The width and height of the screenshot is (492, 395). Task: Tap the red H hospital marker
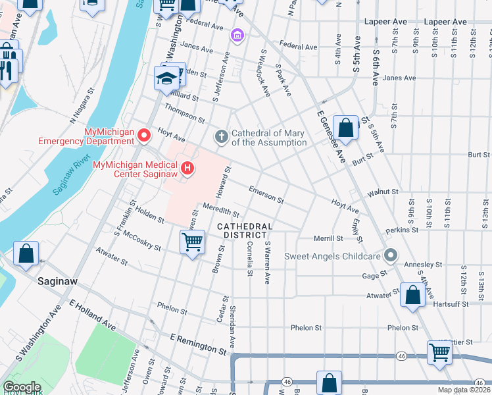coord(187,169)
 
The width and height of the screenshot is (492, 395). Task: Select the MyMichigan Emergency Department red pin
coord(144,136)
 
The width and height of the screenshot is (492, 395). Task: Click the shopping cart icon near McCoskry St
coord(192,242)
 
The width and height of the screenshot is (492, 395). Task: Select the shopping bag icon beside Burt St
coord(345,127)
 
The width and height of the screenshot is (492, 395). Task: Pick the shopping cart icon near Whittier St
coord(439,352)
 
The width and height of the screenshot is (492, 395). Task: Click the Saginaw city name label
coord(57,281)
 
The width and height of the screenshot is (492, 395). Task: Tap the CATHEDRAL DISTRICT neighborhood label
coord(243,230)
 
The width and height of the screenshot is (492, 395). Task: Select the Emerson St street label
coord(266,194)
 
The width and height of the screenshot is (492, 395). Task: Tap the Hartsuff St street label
coord(451,304)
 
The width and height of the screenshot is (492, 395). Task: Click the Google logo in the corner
coord(22,387)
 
